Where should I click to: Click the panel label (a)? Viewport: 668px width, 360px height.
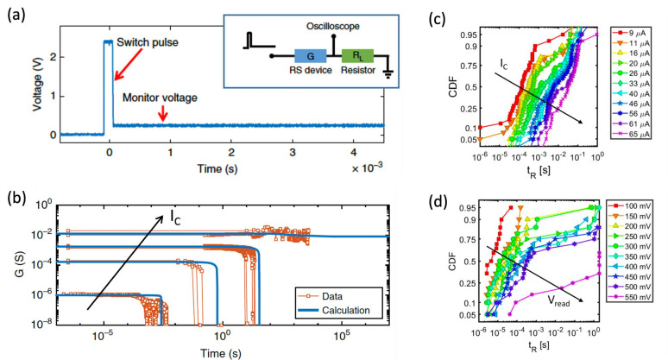click(17, 12)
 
